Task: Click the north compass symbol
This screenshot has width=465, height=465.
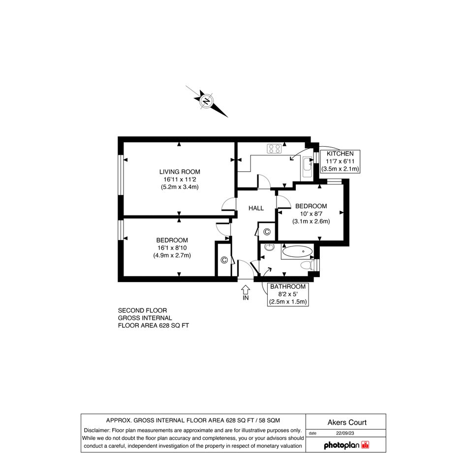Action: [x=206, y=101]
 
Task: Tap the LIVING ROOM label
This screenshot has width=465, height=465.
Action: [x=180, y=172]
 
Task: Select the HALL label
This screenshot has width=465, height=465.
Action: [x=256, y=208]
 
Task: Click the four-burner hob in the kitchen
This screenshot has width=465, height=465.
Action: [x=274, y=149]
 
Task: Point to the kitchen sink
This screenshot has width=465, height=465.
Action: [x=308, y=167]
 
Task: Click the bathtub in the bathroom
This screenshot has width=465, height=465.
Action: [x=297, y=252]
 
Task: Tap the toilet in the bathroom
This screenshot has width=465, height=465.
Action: [x=307, y=265]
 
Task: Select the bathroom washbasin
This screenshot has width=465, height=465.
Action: [x=269, y=247]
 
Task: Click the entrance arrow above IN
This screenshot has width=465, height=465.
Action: [x=246, y=289]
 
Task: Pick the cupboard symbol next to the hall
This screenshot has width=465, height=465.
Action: [x=267, y=232]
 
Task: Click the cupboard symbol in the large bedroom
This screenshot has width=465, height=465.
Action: [x=224, y=260]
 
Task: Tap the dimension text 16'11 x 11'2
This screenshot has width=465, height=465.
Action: [x=180, y=180]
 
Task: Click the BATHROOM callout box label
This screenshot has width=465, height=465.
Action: [x=288, y=287]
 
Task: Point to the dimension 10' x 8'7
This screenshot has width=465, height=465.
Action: [x=311, y=214]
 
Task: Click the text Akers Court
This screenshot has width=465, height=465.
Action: [x=347, y=422]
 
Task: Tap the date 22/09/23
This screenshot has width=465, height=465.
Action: [x=345, y=434]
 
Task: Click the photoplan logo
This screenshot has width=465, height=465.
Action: [x=346, y=445]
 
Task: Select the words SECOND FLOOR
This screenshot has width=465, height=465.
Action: [x=142, y=310]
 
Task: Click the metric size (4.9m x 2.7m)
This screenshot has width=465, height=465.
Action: [x=172, y=255]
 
